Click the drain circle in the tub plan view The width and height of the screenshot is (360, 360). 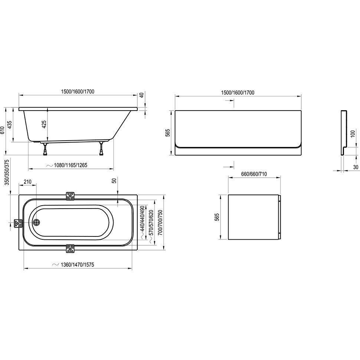click(x=36, y=222)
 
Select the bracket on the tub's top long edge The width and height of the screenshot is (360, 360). click(x=70, y=196)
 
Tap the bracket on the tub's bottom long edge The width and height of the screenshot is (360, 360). click(x=70, y=248)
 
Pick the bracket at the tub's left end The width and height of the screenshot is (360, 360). click(x=18, y=223)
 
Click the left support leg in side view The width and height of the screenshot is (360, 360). click(x=45, y=149)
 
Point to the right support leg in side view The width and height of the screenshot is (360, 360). click(x=101, y=148)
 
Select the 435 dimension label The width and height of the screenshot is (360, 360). click(x=10, y=124)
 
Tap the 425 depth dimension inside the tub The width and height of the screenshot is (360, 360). click(x=44, y=124)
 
